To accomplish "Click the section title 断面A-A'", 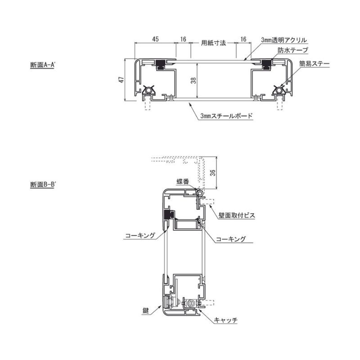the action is (x=43, y=65).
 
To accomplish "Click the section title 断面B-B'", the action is (x=43, y=184).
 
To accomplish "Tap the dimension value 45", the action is (x=155, y=39).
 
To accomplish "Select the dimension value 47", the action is (x=121, y=80).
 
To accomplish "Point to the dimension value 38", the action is (x=193, y=80).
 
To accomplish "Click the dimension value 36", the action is (x=213, y=173).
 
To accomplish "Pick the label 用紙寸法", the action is (x=213, y=43).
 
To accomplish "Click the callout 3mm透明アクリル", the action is (x=284, y=40).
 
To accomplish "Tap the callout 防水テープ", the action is (x=293, y=50).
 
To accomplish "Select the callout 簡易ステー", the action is (x=314, y=63).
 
